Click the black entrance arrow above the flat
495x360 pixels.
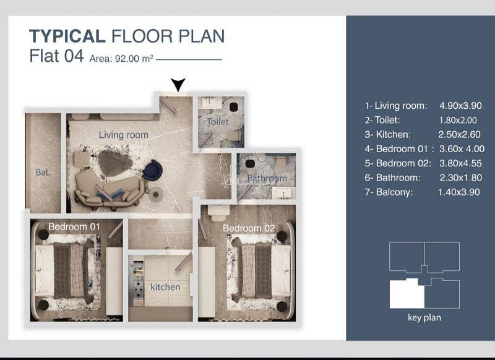pyautogui.click(x=178, y=85)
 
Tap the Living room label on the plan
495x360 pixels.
pyautogui.click(x=123, y=135)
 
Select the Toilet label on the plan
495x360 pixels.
pyautogui.click(x=218, y=122)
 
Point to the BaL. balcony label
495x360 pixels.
pyautogui.click(x=43, y=173)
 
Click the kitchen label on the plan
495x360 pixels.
pyautogui.click(x=165, y=287)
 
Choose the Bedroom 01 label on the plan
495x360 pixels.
pyautogui.click(x=74, y=226)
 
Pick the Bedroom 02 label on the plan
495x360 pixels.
pyautogui.click(x=249, y=228)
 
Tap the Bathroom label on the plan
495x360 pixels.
pyautogui.click(x=267, y=178)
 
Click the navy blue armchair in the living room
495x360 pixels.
pyautogui.click(x=152, y=170)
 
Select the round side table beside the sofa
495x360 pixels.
pyautogui.click(x=156, y=194)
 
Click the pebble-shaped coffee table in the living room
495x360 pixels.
pyautogui.click(x=115, y=163)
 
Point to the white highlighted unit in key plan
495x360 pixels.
pyautogui.click(x=407, y=294)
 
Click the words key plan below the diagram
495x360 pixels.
pyautogui.click(x=424, y=317)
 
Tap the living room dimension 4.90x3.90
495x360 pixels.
pyautogui.click(x=460, y=105)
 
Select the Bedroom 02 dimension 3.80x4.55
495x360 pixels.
pyautogui.click(x=460, y=163)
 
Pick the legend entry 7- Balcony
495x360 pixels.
pyautogui.click(x=389, y=192)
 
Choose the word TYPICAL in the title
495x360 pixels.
pyautogui.click(x=67, y=36)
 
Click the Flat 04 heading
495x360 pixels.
pyautogui.click(x=56, y=56)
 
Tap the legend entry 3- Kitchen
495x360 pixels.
pyautogui.click(x=388, y=134)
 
